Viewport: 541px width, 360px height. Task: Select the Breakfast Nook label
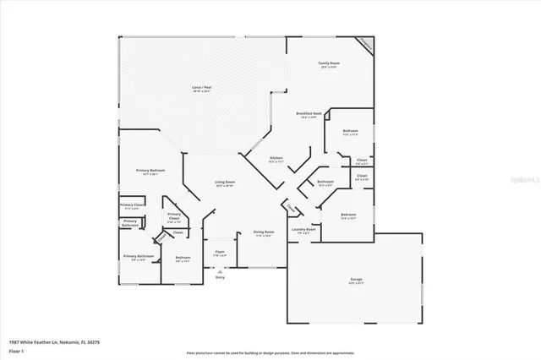[x=308, y=115]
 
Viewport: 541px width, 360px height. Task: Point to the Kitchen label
[x=276, y=159]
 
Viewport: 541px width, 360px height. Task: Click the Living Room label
[x=225, y=184]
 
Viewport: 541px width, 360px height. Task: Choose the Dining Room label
[x=264, y=233]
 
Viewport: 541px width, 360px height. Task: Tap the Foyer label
[x=219, y=253]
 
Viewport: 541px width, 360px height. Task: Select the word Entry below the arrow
[x=220, y=277]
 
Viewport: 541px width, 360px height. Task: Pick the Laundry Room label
[x=303, y=230]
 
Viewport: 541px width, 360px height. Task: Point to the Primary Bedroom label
[x=150, y=172]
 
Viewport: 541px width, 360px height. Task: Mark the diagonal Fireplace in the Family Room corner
[x=363, y=43]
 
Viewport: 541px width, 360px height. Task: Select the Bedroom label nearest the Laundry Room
[x=348, y=216]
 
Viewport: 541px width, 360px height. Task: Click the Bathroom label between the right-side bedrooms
[x=325, y=183]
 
